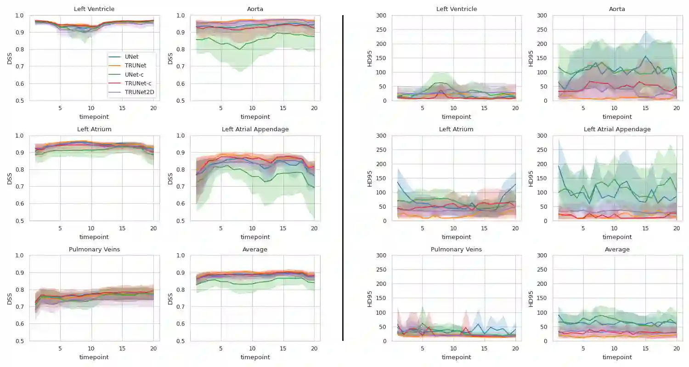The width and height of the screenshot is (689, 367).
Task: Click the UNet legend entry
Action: tap(131, 57)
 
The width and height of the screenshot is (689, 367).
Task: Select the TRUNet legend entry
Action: tap(135, 66)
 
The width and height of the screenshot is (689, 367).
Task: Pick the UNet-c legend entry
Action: tap(134, 74)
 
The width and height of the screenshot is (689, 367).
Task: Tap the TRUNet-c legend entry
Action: tap(138, 83)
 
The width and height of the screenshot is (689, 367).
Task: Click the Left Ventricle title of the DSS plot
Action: tap(94, 9)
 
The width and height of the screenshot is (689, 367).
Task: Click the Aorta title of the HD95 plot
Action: tap(617, 9)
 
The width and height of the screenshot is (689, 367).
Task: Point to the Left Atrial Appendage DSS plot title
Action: tap(255, 129)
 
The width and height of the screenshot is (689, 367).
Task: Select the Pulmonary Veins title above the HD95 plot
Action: tap(456, 249)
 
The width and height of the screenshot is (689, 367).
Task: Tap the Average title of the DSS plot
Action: tap(255, 249)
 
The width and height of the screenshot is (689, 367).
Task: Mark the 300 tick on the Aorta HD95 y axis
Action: tap(542, 16)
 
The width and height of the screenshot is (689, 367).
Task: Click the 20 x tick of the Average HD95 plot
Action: tap(676, 349)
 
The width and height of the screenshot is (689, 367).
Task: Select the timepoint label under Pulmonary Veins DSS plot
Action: tap(94, 357)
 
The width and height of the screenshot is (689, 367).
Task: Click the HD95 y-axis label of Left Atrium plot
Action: tap(370, 178)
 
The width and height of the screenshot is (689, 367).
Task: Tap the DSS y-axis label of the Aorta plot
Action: tap(170, 58)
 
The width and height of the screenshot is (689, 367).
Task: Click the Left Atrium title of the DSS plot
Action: tap(94, 129)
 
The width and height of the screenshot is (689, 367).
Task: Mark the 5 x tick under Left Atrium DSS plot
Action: tap(60, 228)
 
